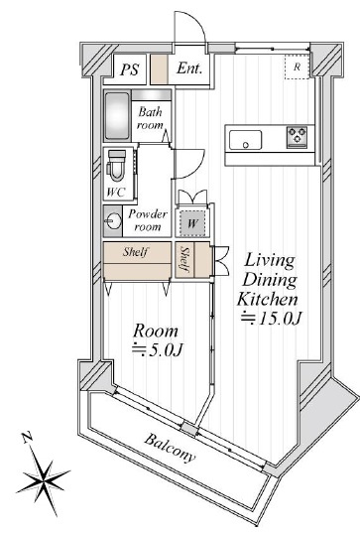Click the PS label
129,69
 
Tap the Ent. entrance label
189,68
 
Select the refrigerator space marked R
297,67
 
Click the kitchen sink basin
245,140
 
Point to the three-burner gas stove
297,137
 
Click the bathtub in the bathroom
117,115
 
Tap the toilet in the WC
116,166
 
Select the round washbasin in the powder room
113,221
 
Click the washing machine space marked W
192,223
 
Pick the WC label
115,193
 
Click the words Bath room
150,118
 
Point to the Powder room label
148,220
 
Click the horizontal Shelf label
136,252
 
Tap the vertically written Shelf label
184,259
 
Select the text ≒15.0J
271,319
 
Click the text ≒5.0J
158,349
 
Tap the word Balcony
170,449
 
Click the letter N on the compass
27,438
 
